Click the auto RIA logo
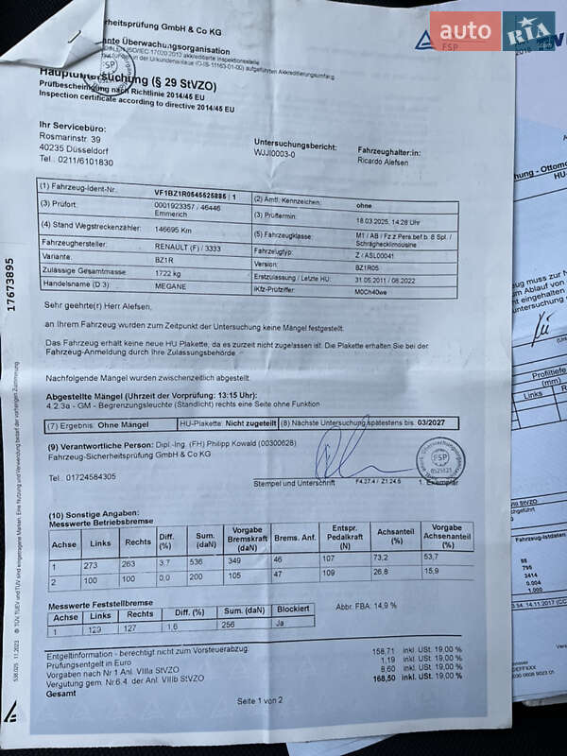[x=492, y=31]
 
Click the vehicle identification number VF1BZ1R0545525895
[x=196, y=192]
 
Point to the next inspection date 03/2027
[x=438, y=424]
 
